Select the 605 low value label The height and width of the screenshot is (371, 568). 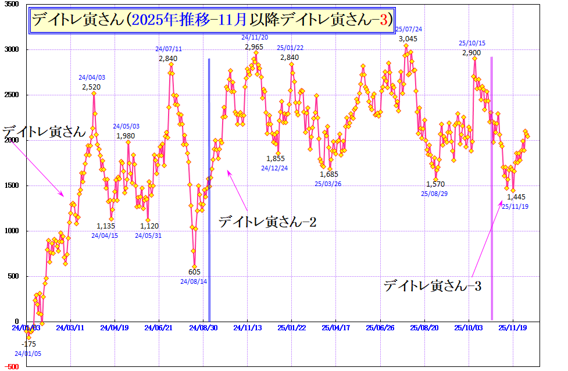click(x=194, y=272)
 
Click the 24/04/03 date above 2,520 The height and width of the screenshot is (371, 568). click(x=92, y=77)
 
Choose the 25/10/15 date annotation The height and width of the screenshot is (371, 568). click(x=471, y=43)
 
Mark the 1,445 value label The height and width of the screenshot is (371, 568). click(x=516, y=197)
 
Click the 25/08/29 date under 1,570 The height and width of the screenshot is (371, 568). click(x=434, y=194)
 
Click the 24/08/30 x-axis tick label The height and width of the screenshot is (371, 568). click(x=202, y=328)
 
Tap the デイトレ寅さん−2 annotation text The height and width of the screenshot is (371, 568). click(x=267, y=222)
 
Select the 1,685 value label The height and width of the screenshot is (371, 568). click(x=328, y=174)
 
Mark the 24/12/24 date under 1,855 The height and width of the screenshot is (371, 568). click(x=274, y=168)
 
